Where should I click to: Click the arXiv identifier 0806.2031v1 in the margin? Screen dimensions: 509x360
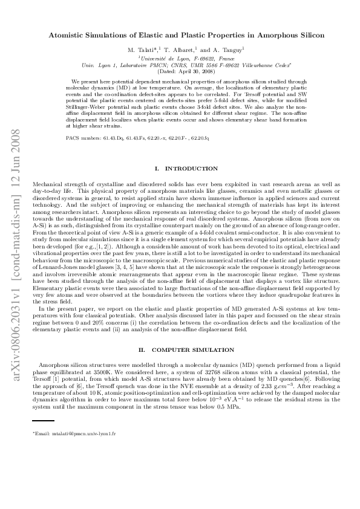coord(14,315)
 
